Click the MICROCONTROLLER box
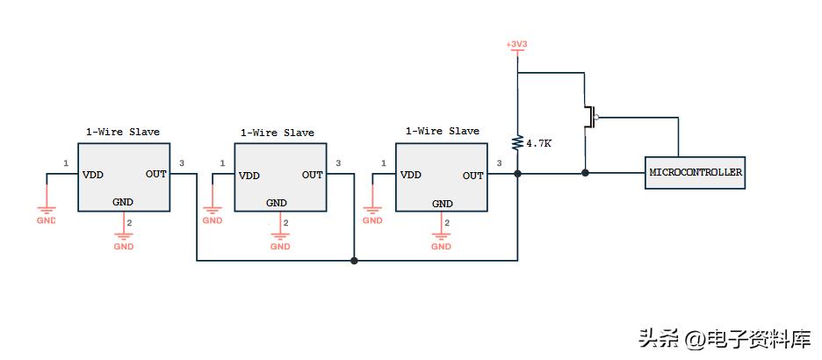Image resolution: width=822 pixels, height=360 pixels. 695,173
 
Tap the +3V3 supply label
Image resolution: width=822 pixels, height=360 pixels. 516,45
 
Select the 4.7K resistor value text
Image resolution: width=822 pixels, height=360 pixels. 538,142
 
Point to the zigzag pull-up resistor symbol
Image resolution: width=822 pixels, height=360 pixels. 518,141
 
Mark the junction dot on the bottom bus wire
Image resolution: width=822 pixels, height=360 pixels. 354,260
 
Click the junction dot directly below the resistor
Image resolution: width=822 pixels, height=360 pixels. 518,174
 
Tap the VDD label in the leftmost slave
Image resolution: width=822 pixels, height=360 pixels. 93,174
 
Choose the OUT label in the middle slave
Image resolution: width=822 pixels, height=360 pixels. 313,175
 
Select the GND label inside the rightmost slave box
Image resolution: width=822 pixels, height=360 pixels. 442,204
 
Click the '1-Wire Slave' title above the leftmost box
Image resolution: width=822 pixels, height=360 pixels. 122,132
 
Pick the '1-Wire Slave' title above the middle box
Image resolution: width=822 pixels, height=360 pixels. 277,133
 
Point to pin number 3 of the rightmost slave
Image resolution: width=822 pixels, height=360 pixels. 499,163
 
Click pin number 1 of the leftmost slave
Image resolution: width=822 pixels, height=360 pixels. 66,163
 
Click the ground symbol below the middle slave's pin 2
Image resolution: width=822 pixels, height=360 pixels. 280,235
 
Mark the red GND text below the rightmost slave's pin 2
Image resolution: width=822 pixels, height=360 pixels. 441,247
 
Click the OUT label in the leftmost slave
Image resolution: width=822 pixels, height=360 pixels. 156,174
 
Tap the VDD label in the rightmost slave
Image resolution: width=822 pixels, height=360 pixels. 410,175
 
